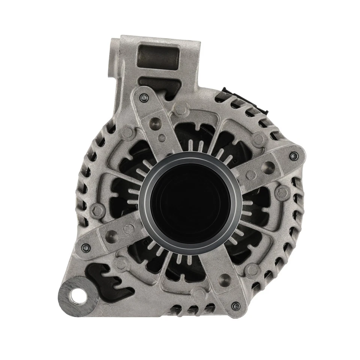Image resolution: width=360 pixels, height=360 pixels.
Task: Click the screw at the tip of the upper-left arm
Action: point(142,97)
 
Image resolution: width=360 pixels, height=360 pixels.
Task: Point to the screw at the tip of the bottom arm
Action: point(235,306)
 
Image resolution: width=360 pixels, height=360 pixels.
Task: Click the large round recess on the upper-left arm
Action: point(155,123)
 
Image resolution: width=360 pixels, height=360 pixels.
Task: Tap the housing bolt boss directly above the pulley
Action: point(182,110)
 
